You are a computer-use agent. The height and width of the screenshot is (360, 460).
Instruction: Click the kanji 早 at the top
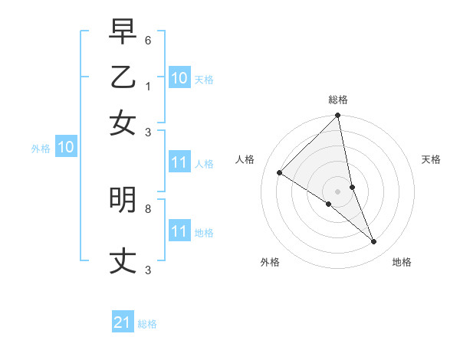123,34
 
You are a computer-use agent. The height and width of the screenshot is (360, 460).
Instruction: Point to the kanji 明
123,200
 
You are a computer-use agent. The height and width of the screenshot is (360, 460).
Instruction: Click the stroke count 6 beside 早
147,40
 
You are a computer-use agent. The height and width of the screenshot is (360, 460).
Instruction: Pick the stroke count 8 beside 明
147,208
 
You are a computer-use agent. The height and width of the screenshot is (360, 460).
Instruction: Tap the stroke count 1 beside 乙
147,86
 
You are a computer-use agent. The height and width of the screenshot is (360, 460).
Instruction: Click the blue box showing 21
123,323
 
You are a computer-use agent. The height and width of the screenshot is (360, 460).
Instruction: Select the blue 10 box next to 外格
65,148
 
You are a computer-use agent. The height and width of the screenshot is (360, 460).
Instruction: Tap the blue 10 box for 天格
179,78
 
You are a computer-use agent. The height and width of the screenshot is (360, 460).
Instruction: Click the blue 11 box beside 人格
179,162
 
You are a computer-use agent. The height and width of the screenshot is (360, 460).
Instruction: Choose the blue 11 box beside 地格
179,231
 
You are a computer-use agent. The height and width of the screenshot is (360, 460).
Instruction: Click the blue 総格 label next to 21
147,324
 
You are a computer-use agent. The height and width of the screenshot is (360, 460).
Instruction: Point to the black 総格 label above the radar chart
337,100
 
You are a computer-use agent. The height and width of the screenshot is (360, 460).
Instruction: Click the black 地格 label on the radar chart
402,262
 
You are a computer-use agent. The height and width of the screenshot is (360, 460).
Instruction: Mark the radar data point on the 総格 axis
337,116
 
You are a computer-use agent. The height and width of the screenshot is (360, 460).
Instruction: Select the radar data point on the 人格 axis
280,172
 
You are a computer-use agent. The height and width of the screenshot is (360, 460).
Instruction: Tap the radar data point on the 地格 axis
374,242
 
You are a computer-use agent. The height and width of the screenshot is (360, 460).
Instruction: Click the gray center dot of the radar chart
337,191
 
